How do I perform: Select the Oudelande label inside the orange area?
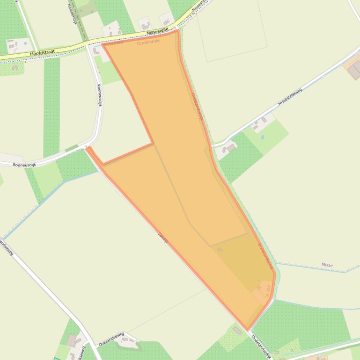pyautogui.click(x=148, y=42)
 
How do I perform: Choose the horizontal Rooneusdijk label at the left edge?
pyautogui.click(x=24, y=165)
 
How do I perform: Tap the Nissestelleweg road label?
pyautogui.click(x=290, y=96)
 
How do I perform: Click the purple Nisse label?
pyautogui.click(x=327, y=265)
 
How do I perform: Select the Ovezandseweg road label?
pyautogui.click(x=111, y=339)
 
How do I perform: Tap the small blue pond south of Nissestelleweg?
pyautogui.click(x=262, y=138)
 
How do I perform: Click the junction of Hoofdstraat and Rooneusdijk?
pyautogui.click(x=88, y=45)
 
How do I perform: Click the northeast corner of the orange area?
pyautogui.click(x=177, y=31)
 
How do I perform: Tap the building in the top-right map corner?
pyautogui.click(x=354, y=70)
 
